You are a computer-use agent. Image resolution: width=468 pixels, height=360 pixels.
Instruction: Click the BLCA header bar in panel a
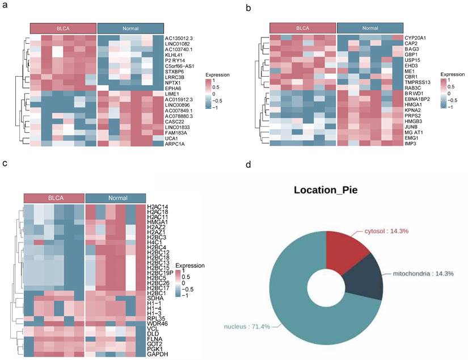click(63, 28)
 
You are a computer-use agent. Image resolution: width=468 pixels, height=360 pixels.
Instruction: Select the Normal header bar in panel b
click(370, 28)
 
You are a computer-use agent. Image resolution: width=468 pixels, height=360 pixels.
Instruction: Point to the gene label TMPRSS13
click(418, 82)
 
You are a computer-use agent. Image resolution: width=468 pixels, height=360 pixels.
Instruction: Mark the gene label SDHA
click(154, 298)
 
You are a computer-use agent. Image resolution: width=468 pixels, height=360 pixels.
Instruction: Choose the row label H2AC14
click(157, 207)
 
